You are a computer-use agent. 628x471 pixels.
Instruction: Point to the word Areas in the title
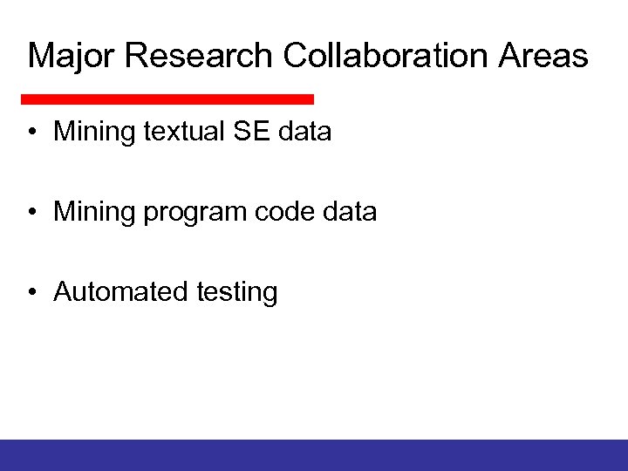544,56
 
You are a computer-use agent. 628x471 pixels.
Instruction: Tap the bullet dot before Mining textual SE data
31,133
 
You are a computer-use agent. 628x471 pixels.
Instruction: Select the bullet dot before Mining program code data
31,212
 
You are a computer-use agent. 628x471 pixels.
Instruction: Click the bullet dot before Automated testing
31,291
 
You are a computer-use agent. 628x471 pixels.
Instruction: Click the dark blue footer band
314,454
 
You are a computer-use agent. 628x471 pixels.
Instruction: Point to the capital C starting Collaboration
296,56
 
